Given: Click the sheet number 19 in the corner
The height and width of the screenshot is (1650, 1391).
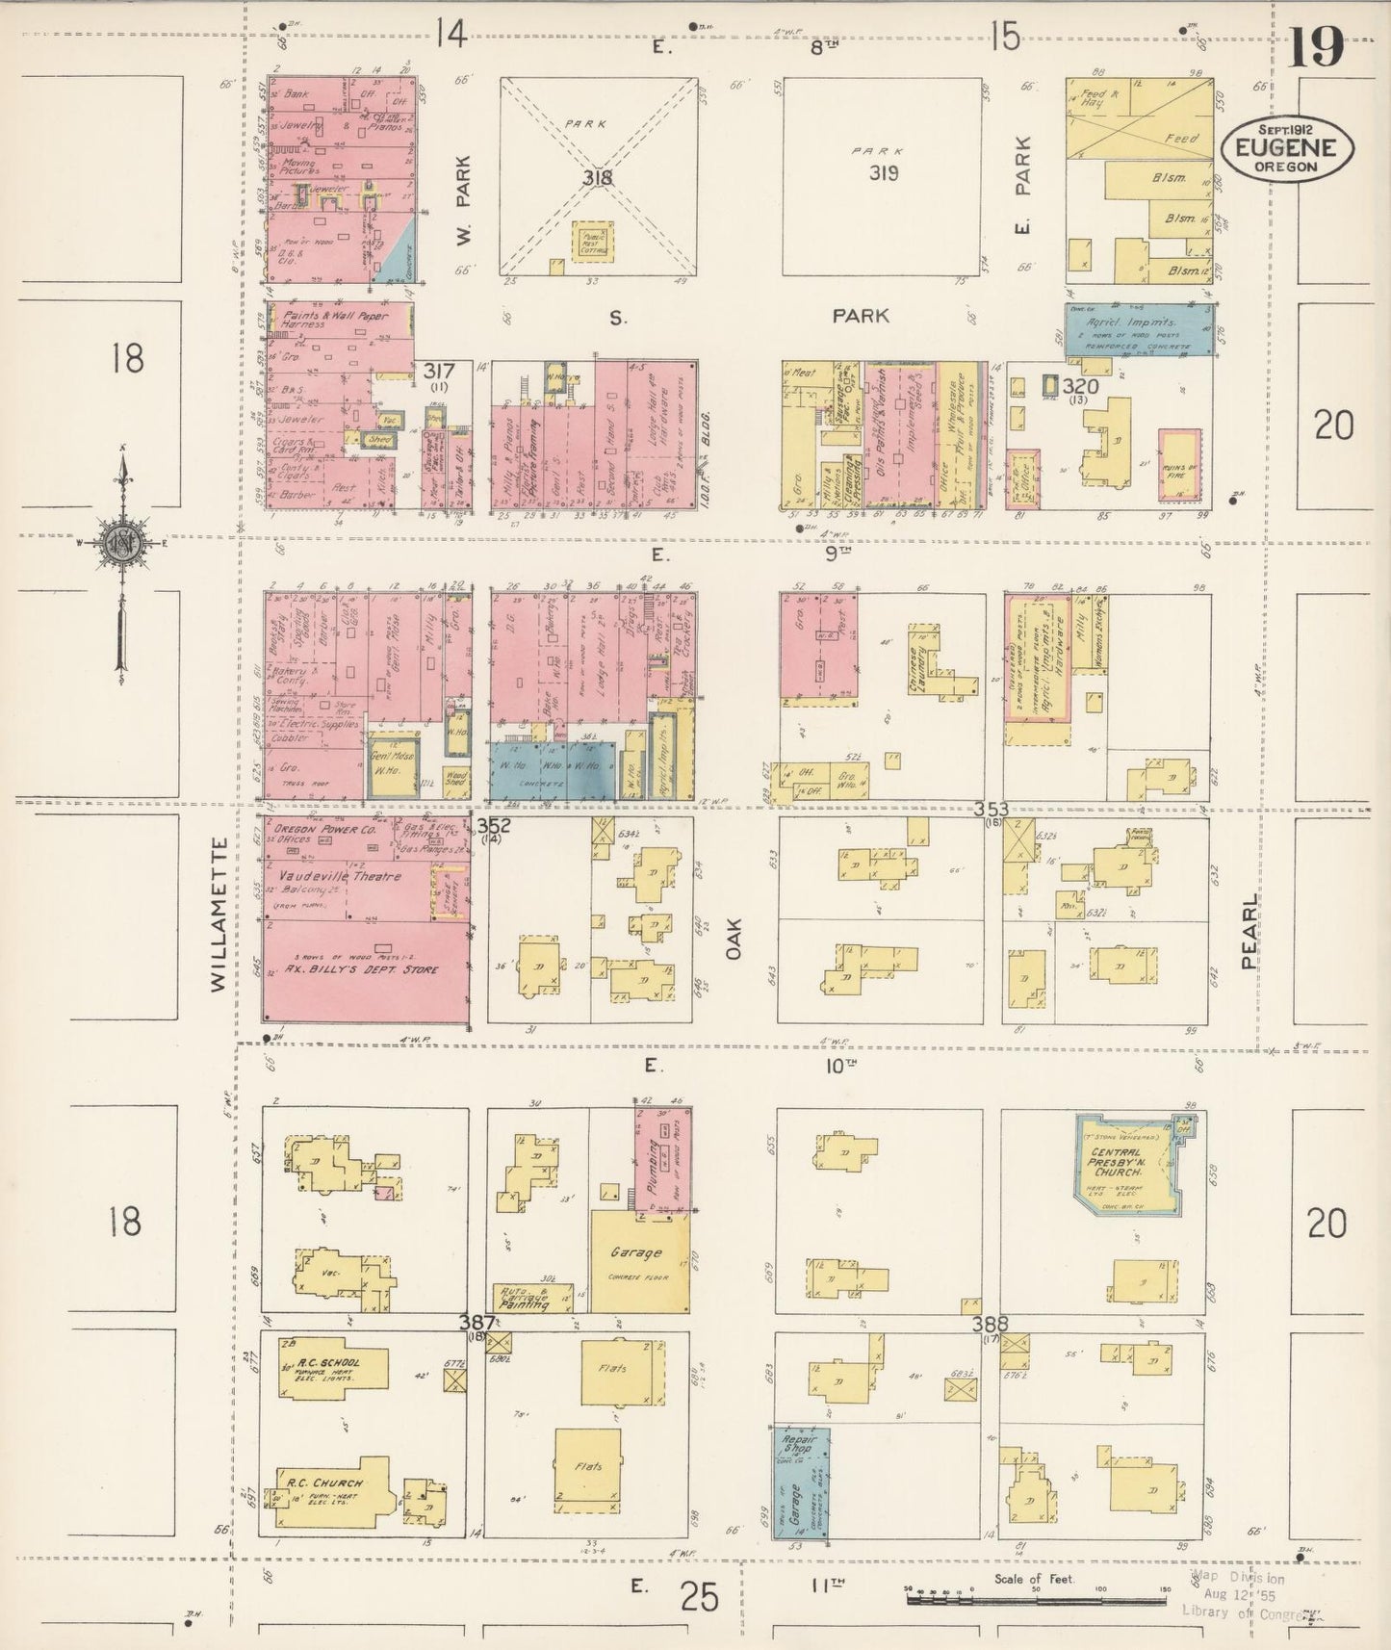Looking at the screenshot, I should (x=1316, y=45).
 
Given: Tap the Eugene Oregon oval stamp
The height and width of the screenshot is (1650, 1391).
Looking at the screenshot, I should (x=1287, y=147).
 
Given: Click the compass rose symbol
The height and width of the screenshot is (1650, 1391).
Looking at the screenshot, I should (x=123, y=540).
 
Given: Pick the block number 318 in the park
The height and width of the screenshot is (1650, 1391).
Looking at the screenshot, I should (x=596, y=177).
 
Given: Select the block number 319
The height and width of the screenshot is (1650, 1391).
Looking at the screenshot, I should (x=883, y=173).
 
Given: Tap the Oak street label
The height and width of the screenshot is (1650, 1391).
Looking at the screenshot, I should (x=735, y=937).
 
